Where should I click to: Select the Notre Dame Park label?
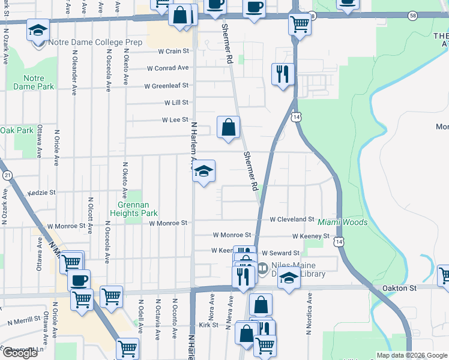point(38,82)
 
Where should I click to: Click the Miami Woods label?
point(343,222)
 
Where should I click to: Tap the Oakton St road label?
point(399,288)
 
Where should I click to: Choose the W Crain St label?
point(173,52)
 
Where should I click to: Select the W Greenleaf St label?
point(166,86)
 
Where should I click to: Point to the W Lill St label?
point(176,103)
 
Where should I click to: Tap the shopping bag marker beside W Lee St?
point(228,127)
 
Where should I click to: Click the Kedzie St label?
point(42,193)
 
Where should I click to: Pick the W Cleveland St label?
point(292,220)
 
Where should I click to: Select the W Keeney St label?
point(311,236)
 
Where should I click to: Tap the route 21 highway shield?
point(7,175)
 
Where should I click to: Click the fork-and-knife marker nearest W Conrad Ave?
point(283,74)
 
